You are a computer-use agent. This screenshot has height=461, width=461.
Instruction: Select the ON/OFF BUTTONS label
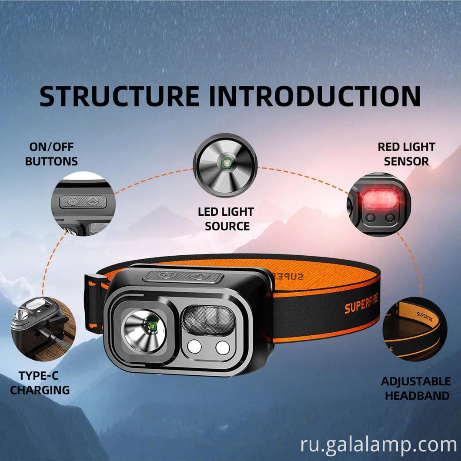click(x=51, y=154)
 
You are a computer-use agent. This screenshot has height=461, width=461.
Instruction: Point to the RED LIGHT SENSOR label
click(x=406, y=154)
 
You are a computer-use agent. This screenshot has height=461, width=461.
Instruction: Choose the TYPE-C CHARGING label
click(x=40, y=383)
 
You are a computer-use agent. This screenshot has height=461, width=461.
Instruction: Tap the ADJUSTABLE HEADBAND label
click(x=416, y=388)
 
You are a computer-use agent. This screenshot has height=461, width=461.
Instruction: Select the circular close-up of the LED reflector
click(x=225, y=165)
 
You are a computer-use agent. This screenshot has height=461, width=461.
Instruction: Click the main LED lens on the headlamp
click(x=144, y=331)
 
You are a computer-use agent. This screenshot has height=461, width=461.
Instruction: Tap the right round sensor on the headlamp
click(x=223, y=347)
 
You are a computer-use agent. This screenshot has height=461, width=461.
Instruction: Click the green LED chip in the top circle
click(x=226, y=164)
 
